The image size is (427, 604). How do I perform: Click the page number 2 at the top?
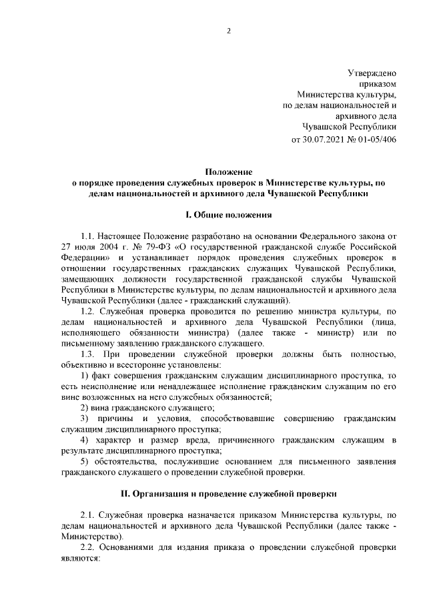228,31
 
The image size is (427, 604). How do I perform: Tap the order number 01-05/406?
375,140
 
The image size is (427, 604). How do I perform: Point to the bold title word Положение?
228,171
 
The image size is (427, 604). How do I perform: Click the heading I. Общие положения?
228,215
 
